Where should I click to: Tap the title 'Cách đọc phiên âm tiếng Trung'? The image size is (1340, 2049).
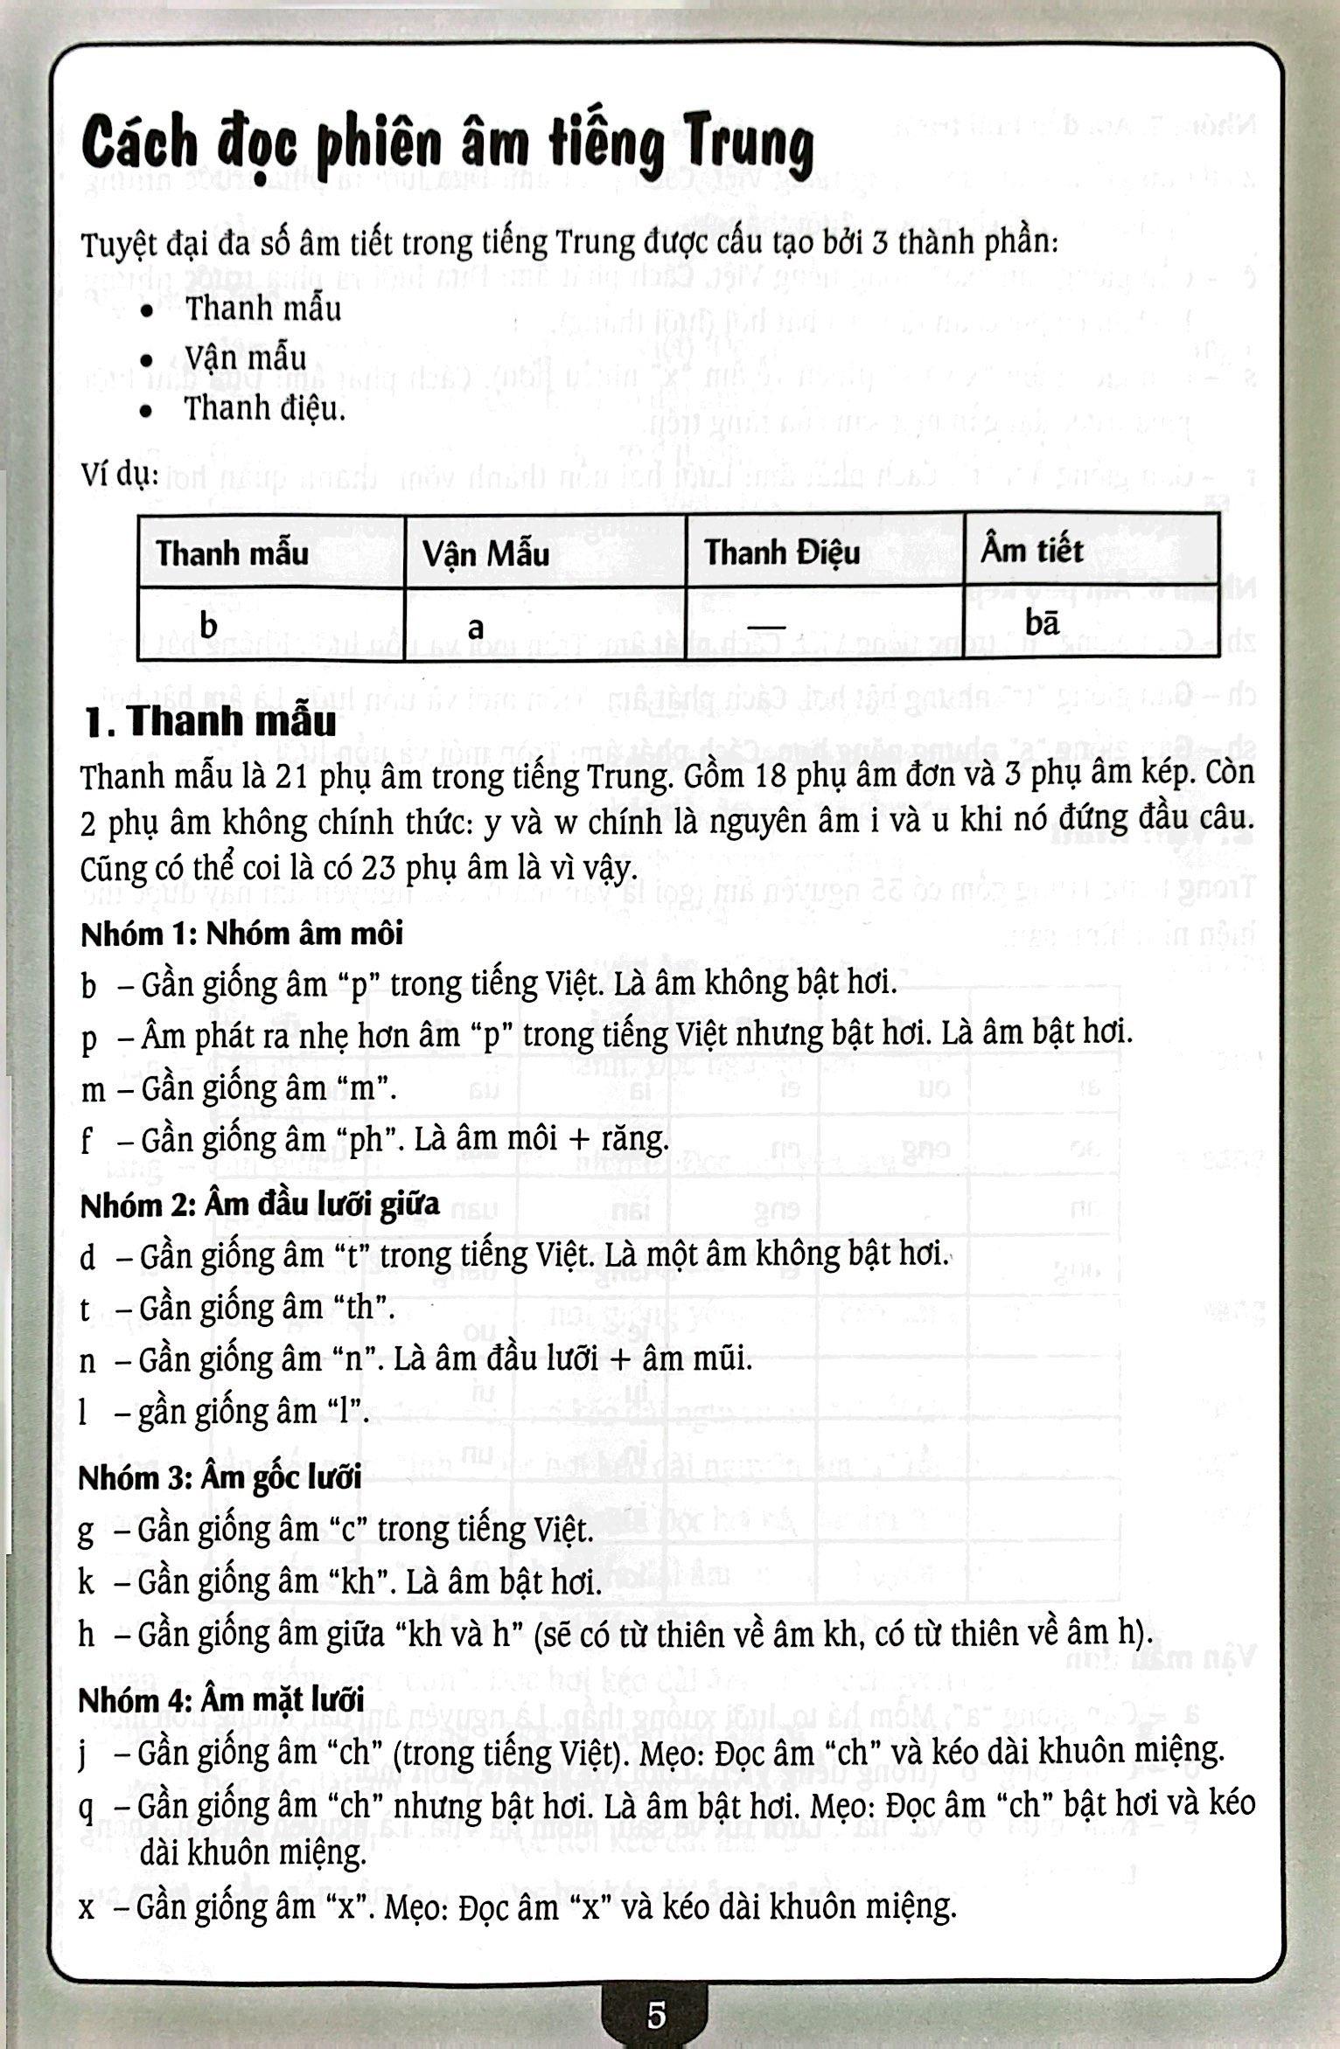point(447,146)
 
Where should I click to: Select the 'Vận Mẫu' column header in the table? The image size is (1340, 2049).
point(485,553)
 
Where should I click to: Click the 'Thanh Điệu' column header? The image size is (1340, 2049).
point(782,552)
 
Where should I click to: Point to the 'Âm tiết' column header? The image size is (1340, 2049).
point(1031,551)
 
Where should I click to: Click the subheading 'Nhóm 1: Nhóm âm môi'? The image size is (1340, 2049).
point(242,934)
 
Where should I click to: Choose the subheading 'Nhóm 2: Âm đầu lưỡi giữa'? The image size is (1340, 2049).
point(260,1205)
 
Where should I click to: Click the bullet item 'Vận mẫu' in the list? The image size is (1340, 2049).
point(245,358)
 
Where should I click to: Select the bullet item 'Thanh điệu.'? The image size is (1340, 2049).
point(264,409)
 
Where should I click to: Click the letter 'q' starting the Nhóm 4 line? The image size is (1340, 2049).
point(86,1806)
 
